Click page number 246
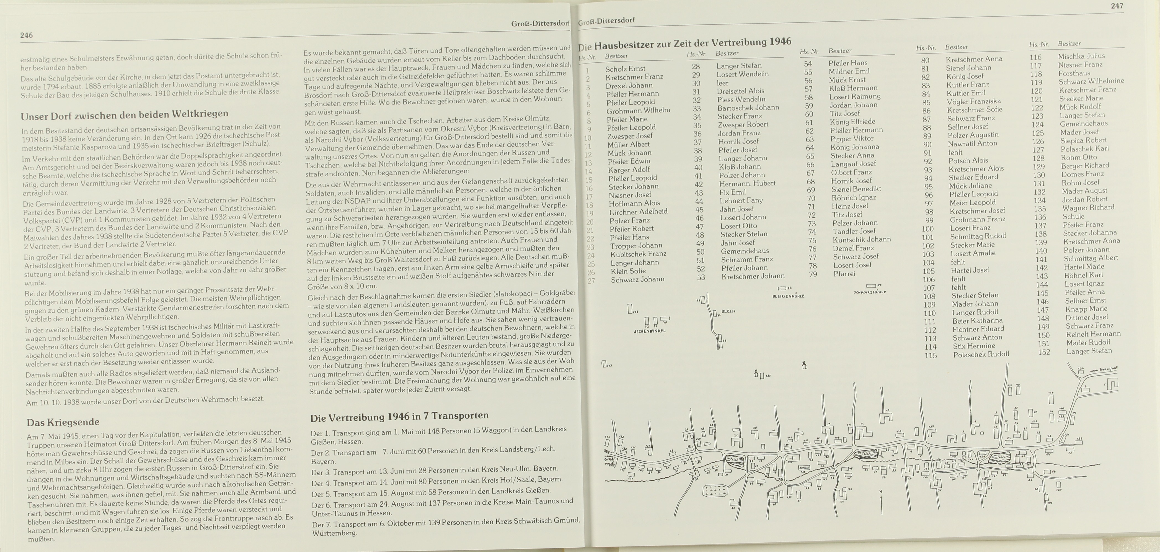tap(26, 35)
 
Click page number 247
tap(1117, 6)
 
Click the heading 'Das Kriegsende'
tap(63, 422)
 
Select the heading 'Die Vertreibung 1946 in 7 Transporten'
tap(399, 416)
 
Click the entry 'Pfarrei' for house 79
tap(844, 274)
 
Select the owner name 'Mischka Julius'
tap(1081, 56)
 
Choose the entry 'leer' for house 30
tap(722, 83)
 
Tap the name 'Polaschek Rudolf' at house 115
tap(981, 354)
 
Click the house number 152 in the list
tap(1044, 352)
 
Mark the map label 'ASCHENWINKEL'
tap(649, 331)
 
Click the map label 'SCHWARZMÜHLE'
tap(870, 292)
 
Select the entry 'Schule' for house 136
tap(1074, 216)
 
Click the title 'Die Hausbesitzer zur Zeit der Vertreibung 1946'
tap(684, 44)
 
